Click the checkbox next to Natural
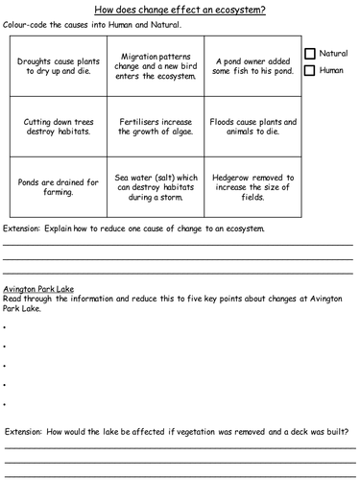click(309, 54)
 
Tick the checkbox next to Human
click(309, 70)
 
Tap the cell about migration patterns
click(155, 65)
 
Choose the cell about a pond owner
click(252, 65)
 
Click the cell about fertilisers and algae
click(155, 127)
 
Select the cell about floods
click(252, 127)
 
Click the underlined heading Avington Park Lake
click(38, 288)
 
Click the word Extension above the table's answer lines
click(22, 229)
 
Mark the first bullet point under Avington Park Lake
click(5, 327)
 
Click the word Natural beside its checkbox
click(333, 54)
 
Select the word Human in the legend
click(331, 70)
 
